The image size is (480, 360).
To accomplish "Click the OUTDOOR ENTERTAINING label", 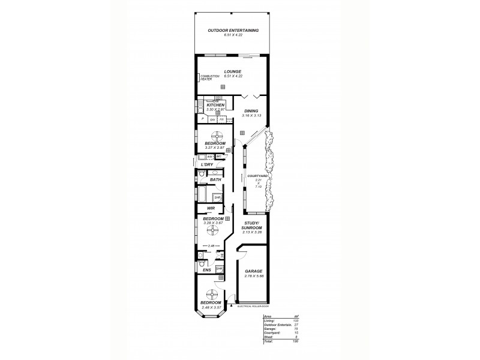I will tap(233, 30).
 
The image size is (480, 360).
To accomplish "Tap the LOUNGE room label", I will tap(233, 71).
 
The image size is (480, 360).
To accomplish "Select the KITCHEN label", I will tap(215, 105).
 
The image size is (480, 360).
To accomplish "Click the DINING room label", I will tap(251, 111).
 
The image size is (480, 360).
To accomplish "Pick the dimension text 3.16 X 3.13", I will tap(251, 115).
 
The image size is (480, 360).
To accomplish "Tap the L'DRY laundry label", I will tap(208, 164).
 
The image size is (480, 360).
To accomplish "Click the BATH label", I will tap(215, 179).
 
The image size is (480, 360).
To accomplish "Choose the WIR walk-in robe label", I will tap(211, 208).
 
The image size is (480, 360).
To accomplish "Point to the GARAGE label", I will tap(254, 271).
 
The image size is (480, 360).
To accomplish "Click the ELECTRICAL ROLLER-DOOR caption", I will tap(252, 307).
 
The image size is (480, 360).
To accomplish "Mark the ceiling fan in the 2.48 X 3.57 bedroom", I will tap(212, 294).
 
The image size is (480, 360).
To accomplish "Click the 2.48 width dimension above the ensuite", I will tap(212, 247).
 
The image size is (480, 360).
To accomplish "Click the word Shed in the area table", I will tap(267, 337).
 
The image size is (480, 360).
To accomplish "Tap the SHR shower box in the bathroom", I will tap(218, 197).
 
